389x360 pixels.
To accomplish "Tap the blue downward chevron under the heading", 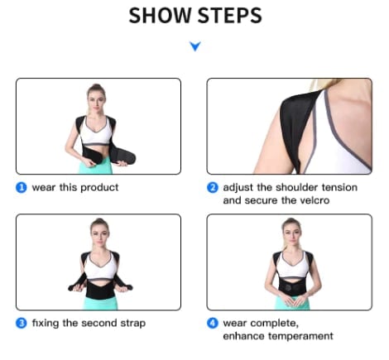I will pos(194,47).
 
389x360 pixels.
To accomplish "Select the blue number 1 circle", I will pos(22,187).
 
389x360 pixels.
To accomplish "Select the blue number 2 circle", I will pos(213,187).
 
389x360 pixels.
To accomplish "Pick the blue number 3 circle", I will pos(22,322).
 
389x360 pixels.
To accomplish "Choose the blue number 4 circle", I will pos(213,322).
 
